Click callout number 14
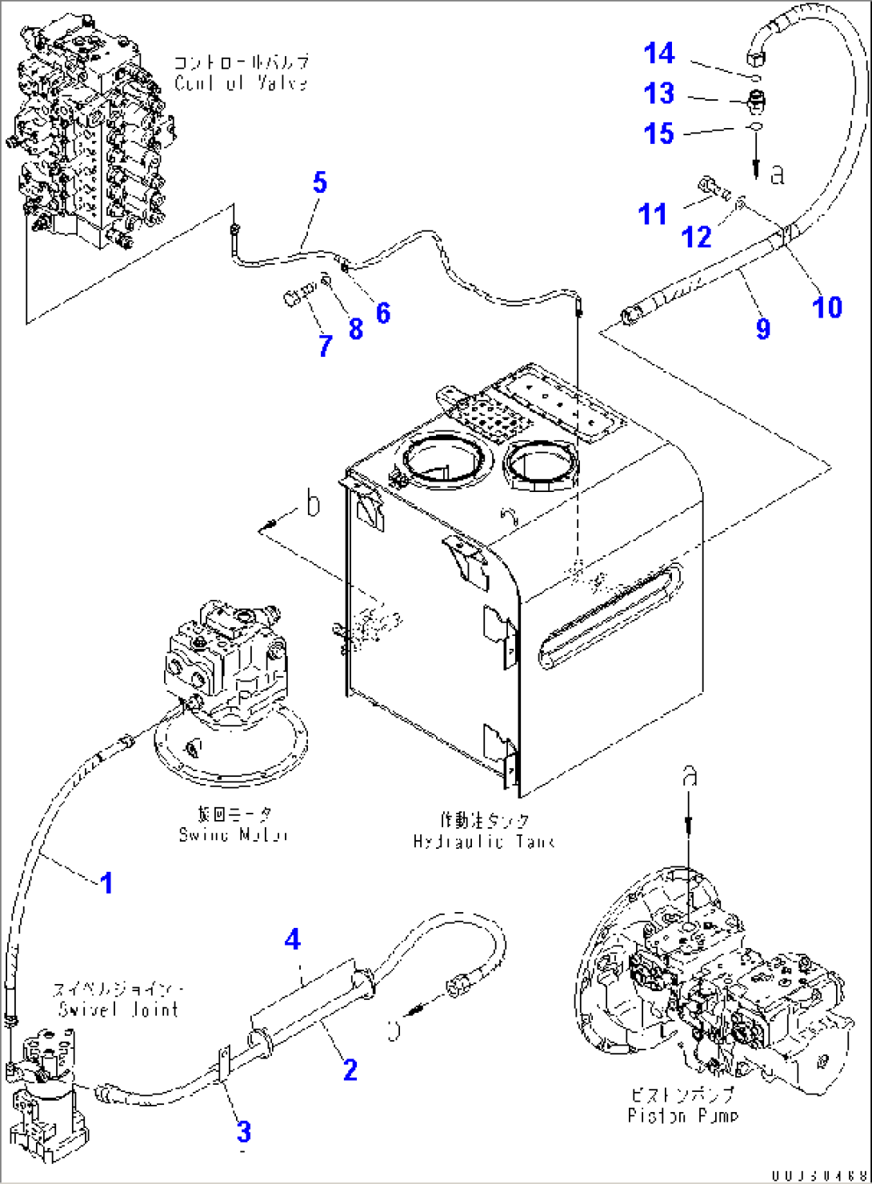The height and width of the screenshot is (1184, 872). click(x=659, y=54)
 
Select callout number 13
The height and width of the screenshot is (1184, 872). click(x=659, y=94)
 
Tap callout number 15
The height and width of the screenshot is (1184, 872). click(x=659, y=134)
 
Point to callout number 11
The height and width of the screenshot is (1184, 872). click(x=652, y=214)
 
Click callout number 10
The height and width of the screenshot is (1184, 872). click(x=826, y=306)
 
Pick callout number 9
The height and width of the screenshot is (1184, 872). click(x=762, y=327)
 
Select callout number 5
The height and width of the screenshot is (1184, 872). click(x=319, y=182)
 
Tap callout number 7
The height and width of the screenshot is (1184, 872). click(x=325, y=346)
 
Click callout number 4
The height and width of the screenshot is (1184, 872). click(x=293, y=939)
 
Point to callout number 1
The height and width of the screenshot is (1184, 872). click(x=106, y=883)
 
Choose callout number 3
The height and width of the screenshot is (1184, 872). click(x=243, y=1131)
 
